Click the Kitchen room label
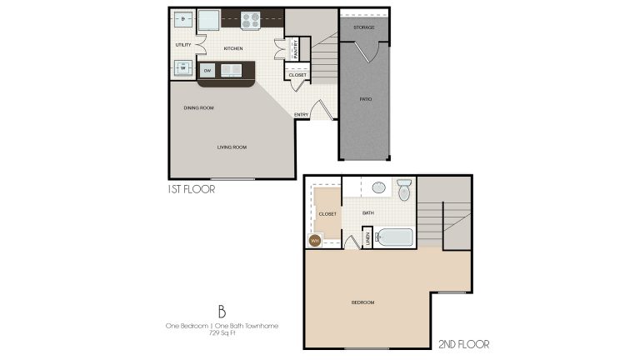pos(233,48)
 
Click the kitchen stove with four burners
pos(252,18)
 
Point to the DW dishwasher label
pos(207,70)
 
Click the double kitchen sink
pos(231,70)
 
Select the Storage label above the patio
pos(363,27)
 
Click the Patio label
pos(366,99)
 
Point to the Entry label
pos(301,114)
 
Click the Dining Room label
pos(199,108)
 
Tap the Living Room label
pos(232,147)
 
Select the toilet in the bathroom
pos(404,189)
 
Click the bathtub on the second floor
pos(394,237)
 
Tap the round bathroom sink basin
pos(377,187)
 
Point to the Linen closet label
pos(367,239)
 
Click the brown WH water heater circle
pos(315,240)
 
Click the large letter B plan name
pos(222,312)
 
